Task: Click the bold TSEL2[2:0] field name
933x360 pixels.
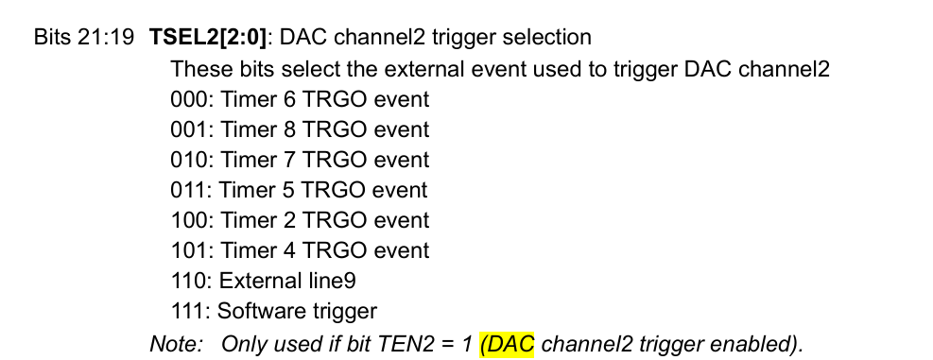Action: point(208,38)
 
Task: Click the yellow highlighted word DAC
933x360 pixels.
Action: point(509,343)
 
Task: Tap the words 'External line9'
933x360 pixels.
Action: point(288,281)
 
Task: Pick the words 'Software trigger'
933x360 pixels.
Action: point(298,311)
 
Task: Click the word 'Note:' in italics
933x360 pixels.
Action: point(176,343)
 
